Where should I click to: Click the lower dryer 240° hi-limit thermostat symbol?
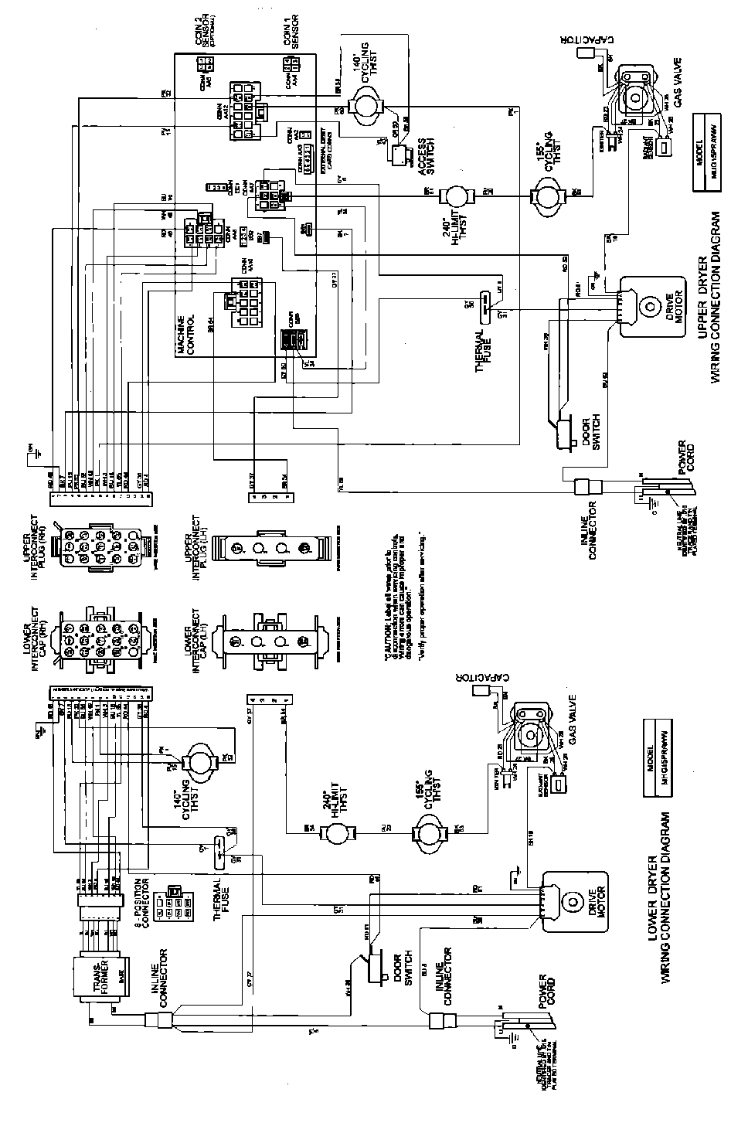(x=338, y=832)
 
